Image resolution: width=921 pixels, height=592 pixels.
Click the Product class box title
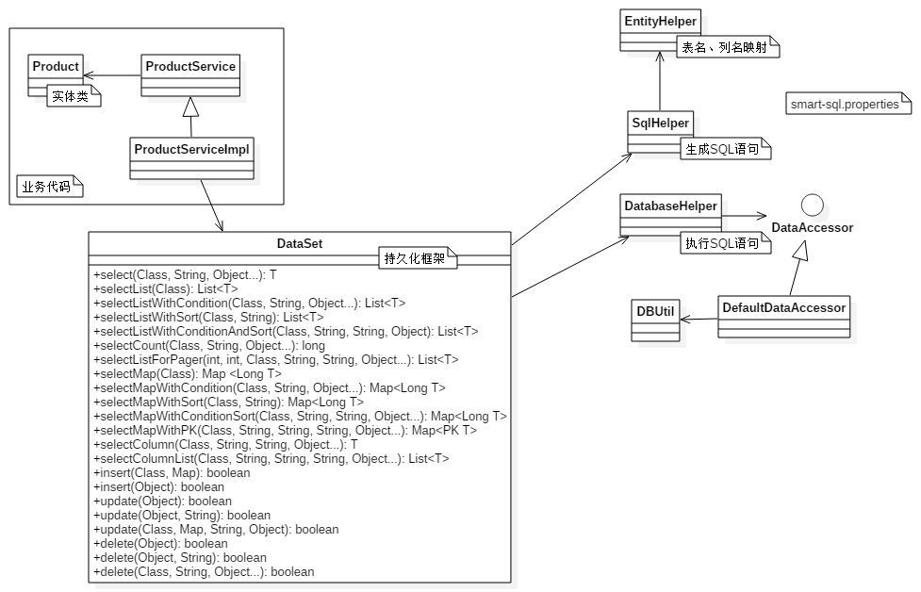(x=56, y=66)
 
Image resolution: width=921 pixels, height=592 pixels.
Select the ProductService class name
(x=190, y=66)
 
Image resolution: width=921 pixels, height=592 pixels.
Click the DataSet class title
(x=300, y=244)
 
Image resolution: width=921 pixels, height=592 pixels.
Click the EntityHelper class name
(x=660, y=21)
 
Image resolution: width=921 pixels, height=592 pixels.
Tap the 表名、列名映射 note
(x=727, y=47)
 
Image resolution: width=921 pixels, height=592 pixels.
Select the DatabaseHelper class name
(x=670, y=206)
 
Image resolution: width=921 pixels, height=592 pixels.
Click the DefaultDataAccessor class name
(x=783, y=307)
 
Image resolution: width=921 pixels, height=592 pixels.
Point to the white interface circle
(x=813, y=206)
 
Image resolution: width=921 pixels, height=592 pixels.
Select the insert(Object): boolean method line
(x=159, y=487)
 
